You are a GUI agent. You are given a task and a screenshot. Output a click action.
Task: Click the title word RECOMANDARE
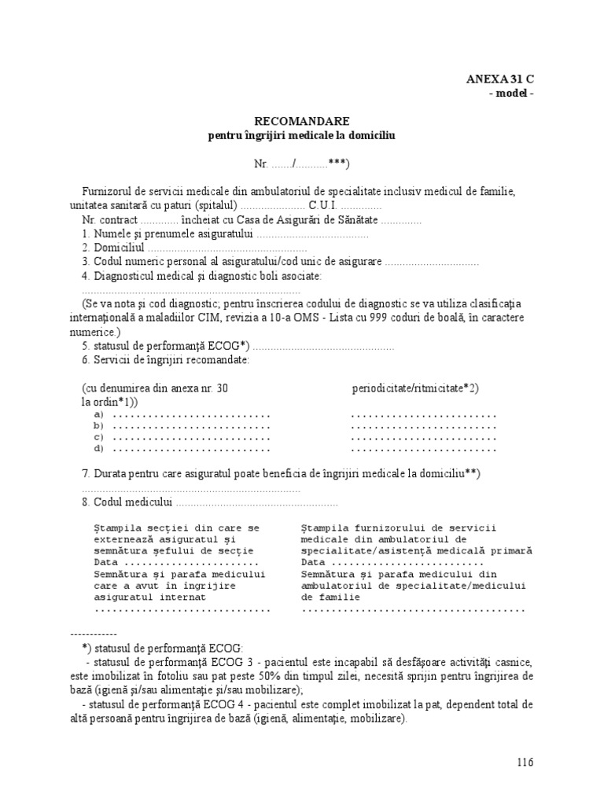coord(301,122)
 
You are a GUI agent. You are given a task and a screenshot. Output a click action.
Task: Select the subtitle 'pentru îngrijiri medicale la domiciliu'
coord(301,135)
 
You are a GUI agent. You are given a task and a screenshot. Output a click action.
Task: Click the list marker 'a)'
coord(99,415)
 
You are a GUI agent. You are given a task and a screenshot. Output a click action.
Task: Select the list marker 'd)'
coord(99,449)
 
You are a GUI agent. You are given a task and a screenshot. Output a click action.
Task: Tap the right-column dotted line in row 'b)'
coord(423,427)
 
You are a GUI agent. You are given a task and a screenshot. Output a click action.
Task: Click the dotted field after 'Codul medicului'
coord(256,502)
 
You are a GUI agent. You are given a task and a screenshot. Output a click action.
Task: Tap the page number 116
coord(525,762)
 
